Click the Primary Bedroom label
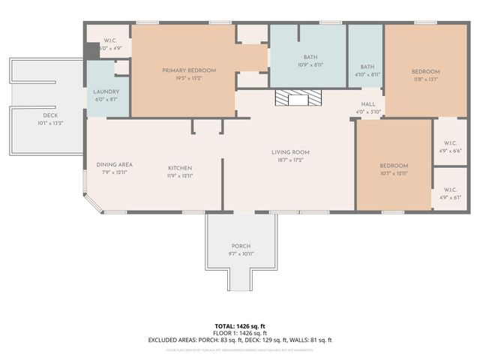click(189, 70)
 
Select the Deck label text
click(50, 115)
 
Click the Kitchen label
click(180, 168)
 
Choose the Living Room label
click(290, 152)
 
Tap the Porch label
click(241, 246)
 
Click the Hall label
click(368, 104)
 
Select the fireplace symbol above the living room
click(298, 98)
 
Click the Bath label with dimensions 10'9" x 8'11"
click(310, 57)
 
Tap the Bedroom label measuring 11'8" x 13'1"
click(425, 72)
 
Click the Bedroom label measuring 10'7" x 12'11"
click(394, 166)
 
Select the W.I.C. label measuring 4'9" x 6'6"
click(450, 142)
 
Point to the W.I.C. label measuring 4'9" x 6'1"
click(450, 190)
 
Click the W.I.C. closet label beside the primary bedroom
click(109, 40)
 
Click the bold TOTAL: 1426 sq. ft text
click(240, 325)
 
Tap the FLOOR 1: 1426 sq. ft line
click(240, 332)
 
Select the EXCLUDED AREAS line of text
click(240, 340)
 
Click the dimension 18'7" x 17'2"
click(290, 160)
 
